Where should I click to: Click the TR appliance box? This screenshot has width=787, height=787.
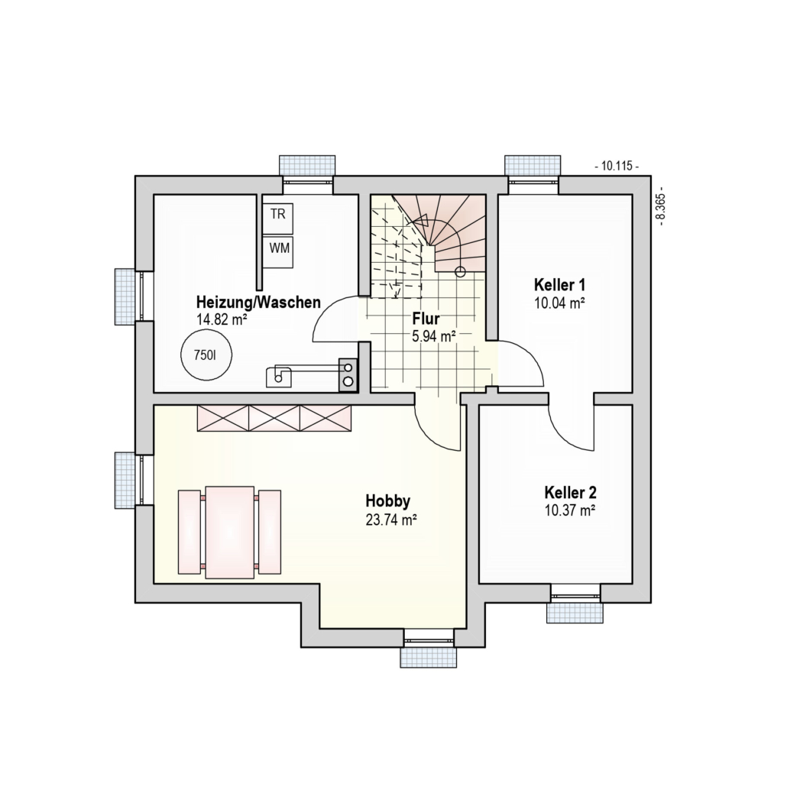tap(277, 219)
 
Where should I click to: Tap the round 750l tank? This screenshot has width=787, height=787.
tap(206, 355)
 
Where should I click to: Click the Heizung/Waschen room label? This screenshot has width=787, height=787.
tap(258, 303)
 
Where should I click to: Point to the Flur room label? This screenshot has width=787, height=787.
tap(426, 319)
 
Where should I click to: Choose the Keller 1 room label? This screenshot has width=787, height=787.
tap(559, 285)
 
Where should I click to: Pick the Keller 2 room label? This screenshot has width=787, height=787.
tap(570, 492)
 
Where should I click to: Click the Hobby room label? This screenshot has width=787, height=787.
tap(388, 501)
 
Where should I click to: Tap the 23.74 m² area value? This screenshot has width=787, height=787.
tap(391, 520)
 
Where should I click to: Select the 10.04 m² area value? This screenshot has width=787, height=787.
tap(559, 303)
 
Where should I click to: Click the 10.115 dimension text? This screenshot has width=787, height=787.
tap(617, 166)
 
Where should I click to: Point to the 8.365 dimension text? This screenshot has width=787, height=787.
tap(660, 206)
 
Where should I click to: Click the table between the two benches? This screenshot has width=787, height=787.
tap(230, 532)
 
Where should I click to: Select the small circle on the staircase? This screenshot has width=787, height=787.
tap(460, 272)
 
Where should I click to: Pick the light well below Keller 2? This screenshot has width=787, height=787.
tap(575, 613)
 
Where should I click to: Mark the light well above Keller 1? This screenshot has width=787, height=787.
tap(533, 165)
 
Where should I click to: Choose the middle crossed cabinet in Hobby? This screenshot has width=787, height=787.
tap(274, 418)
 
